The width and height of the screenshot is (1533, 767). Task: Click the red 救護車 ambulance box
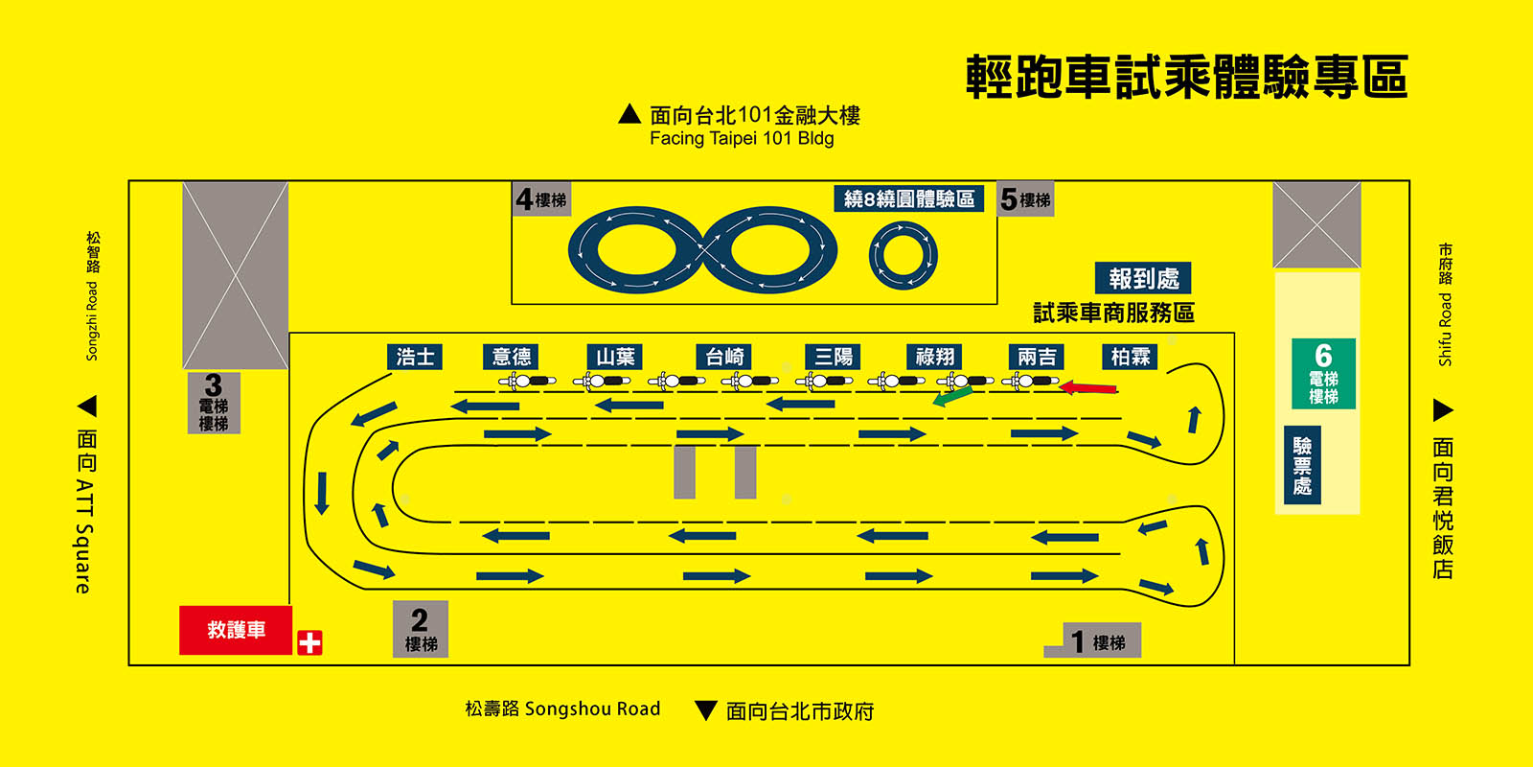pyautogui.click(x=236, y=630)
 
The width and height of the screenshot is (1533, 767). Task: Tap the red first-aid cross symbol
pyautogui.click(x=309, y=642)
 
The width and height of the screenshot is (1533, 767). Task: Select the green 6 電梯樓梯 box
pyautogui.click(x=1323, y=374)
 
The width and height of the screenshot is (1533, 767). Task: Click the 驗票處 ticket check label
pyautogui.click(x=1302, y=466)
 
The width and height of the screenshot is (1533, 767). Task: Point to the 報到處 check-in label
pyautogui.click(x=1143, y=278)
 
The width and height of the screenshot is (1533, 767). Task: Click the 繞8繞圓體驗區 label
pyautogui.click(x=908, y=198)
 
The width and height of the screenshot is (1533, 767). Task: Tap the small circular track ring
pyautogui.click(x=903, y=256)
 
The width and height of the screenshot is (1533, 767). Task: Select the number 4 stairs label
pyautogui.click(x=541, y=198)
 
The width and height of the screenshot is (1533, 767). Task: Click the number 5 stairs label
pyautogui.click(x=1025, y=198)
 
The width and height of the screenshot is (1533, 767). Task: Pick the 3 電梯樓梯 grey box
pyautogui.click(x=214, y=402)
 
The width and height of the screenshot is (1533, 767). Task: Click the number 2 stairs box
pyautogui.click(x=421, y=629)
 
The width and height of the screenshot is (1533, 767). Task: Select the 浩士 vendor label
pyautogui.click(x=415, y=357)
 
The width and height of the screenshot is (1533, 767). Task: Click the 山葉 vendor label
pyautogui.click(x=615, y=357)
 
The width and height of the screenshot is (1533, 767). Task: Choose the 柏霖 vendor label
pyautogui.click(x=1131, y=357)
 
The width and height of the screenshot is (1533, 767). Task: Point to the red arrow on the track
pyautogui.click(x=1088, y=388)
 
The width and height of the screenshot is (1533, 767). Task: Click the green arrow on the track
pyautogui.click(x=952, y=395)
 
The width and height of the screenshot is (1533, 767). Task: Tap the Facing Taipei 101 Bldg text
pyautogui.click(x=742, y=138)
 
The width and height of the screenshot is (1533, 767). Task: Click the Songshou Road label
pyautogui.click(x=562, y=709)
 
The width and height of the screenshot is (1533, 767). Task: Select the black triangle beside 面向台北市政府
pyautogui.click(x=706, y=710)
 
